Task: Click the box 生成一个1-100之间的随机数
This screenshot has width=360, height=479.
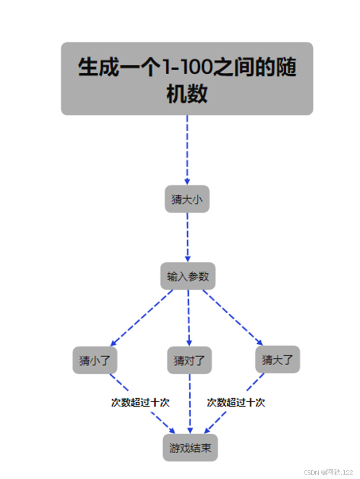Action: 187,78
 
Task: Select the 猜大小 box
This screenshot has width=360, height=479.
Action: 187,199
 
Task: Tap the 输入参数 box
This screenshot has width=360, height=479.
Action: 188,276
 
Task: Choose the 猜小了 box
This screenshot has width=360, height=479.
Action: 95,360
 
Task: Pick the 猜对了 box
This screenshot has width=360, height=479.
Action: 189,360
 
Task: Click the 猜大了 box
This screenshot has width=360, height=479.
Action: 278,360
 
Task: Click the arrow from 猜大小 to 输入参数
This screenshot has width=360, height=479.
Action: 188,237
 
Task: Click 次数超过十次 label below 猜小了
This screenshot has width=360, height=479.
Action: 140,403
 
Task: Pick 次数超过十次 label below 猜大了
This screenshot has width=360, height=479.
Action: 236,403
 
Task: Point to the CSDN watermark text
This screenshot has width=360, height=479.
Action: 328,472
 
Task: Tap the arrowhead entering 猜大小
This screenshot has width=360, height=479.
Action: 187,182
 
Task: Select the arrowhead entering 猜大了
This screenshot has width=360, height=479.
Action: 260,343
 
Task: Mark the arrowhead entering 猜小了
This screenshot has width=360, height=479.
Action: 114,343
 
